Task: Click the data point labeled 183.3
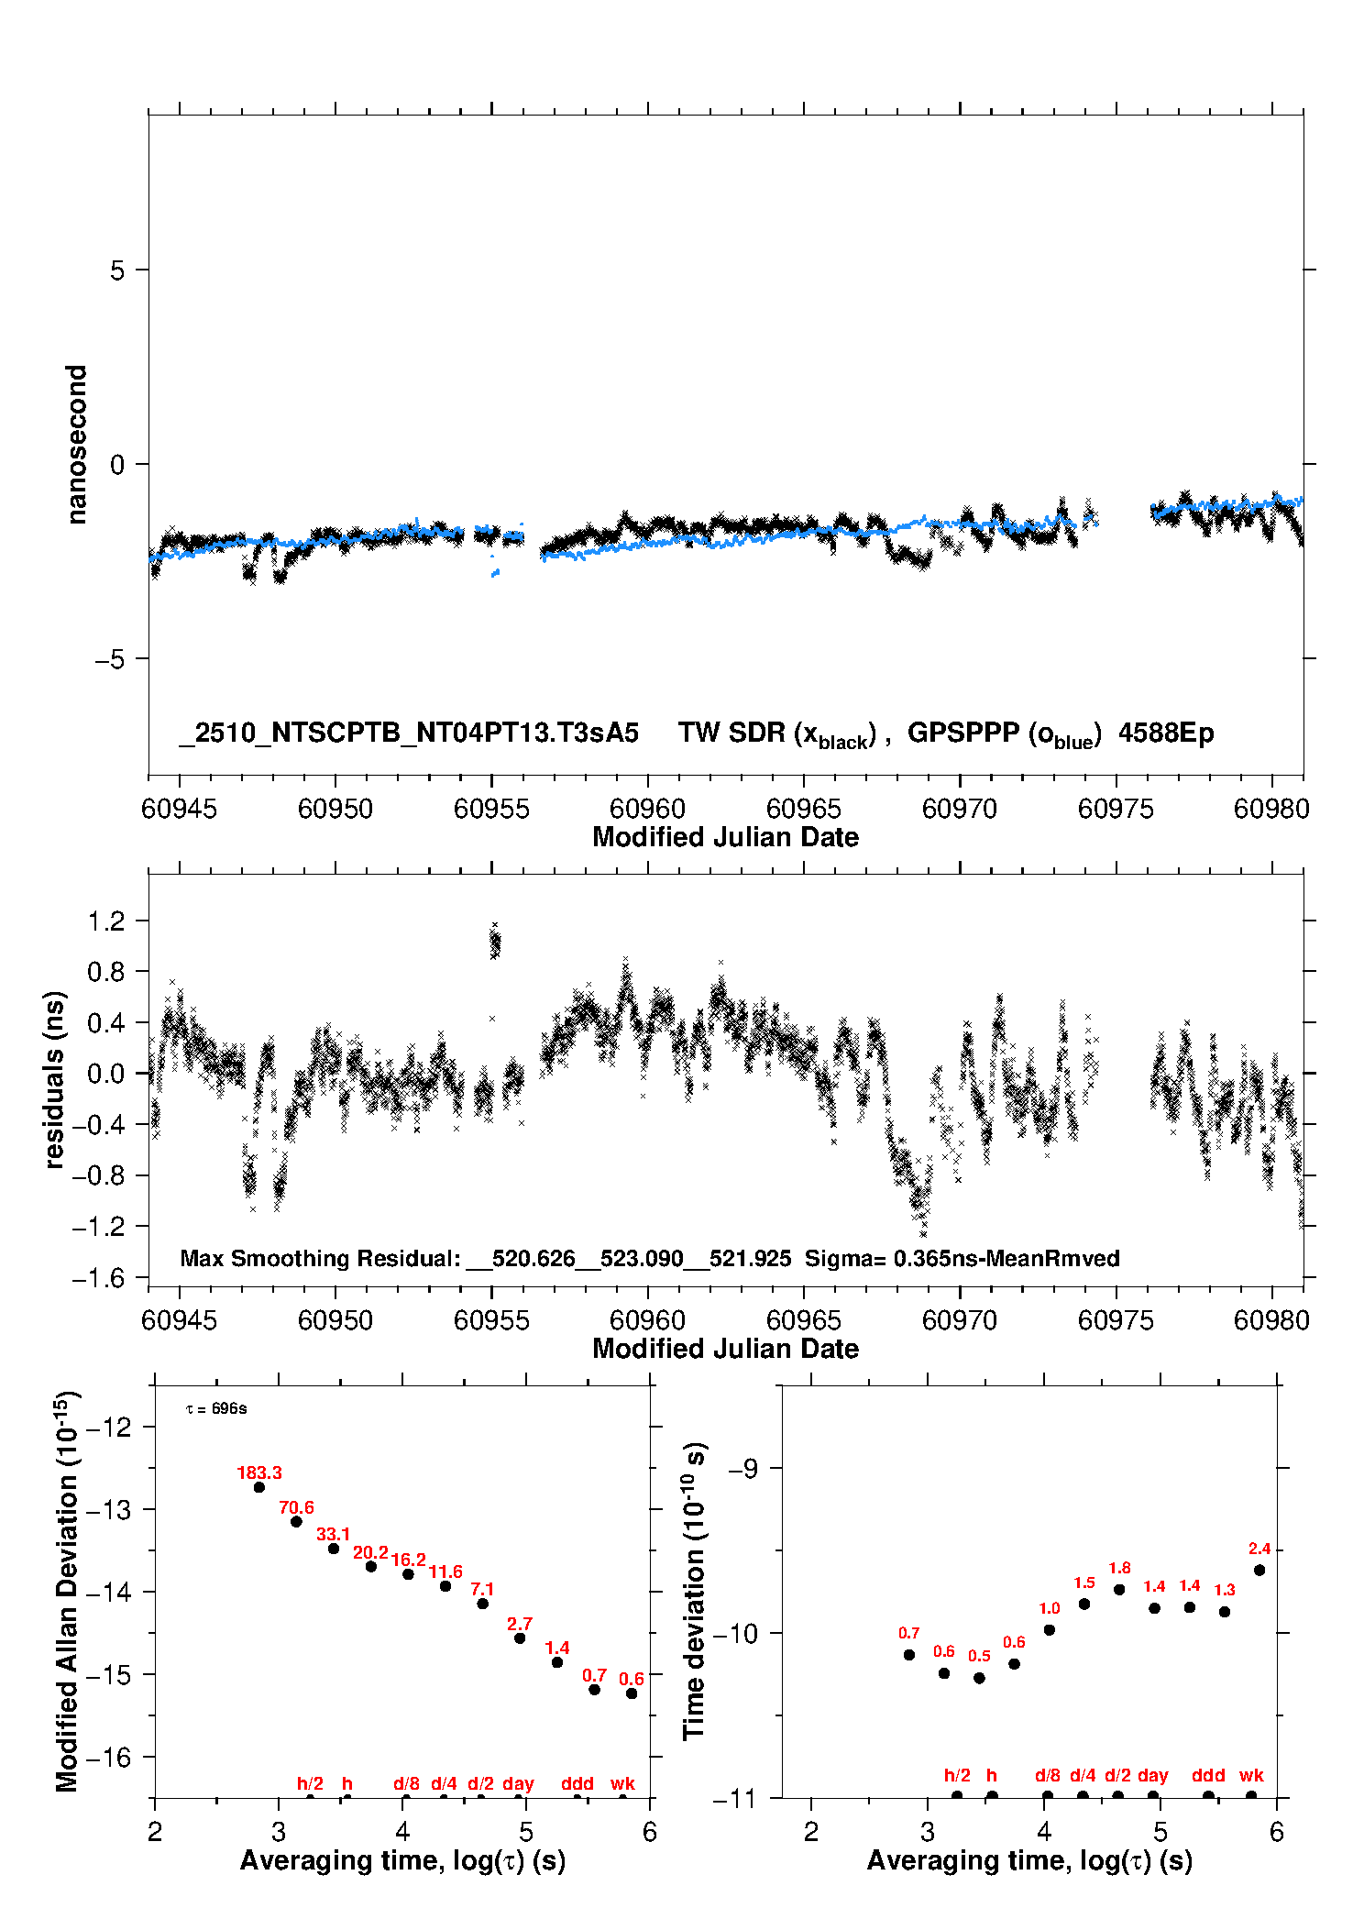pos(259,1487)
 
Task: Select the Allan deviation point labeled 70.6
pos(296,1522)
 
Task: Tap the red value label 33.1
pos(333,1534)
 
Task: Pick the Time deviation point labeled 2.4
pos(1259,1570)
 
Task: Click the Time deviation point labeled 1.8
pos(1119,1589)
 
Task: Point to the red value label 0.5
pos(979,1656)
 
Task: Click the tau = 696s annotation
pos(216,1408)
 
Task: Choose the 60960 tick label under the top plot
pos(647,809)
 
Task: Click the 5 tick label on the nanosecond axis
pos(117,270)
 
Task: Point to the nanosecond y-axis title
pos(77,444)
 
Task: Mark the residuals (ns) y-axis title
pos(55,1079)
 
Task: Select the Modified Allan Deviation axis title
pos(67,1591)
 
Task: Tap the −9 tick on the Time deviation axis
pos(742,1469)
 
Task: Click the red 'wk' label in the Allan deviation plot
pos(622,1783)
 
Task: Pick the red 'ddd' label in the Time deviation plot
pos(1208,1775)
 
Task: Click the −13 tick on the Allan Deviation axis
pos(107,1509)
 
